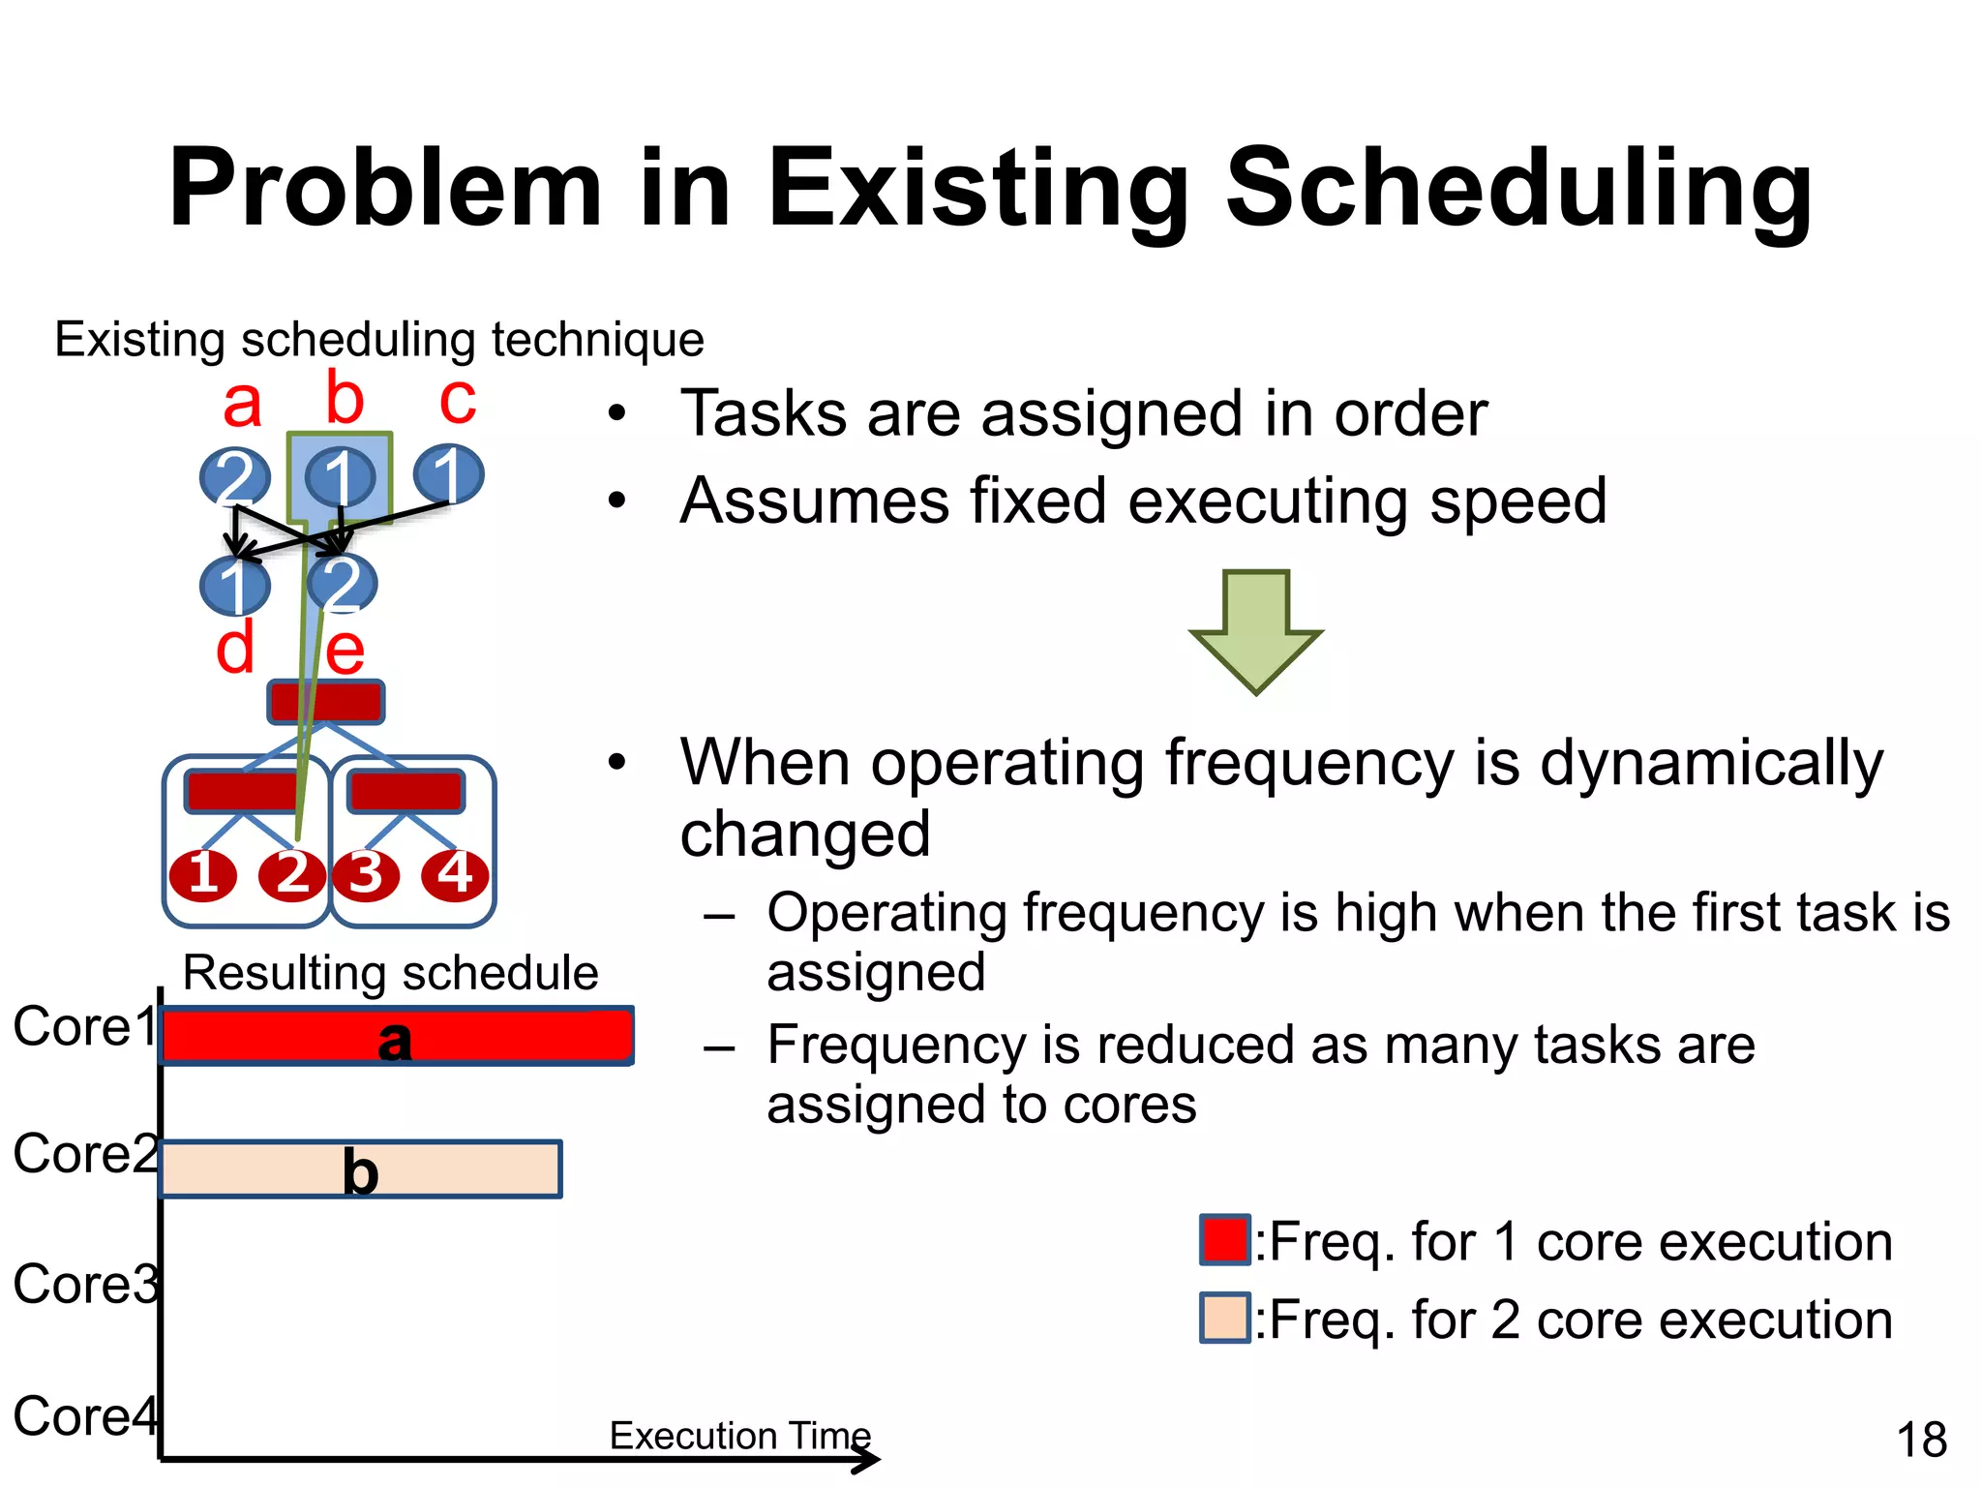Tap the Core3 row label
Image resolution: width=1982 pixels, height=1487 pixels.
(85, 1285)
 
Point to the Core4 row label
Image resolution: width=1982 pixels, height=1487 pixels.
(85, 1416)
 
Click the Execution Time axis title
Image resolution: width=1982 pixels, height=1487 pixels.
(740, 1436)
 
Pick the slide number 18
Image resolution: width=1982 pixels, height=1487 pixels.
(1921, 1440)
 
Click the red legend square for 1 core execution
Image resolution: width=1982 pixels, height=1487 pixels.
(1224, 1240)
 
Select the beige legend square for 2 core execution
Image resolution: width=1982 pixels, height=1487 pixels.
(1224, 1318)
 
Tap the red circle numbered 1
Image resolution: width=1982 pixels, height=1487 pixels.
(203, 874)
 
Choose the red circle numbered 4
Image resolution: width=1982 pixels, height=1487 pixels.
(455, 874)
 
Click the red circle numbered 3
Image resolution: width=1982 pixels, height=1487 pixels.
(366, 874)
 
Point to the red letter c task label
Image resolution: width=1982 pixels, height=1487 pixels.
(457, 400)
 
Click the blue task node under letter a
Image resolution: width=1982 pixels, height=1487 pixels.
(234, 476)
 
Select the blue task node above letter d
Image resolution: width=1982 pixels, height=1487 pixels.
(234, 586)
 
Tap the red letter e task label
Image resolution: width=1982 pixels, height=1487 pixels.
(345, 651)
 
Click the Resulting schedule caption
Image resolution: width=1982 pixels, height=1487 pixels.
(390, 972)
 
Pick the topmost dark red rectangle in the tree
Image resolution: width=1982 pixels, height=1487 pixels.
(326, 702)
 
